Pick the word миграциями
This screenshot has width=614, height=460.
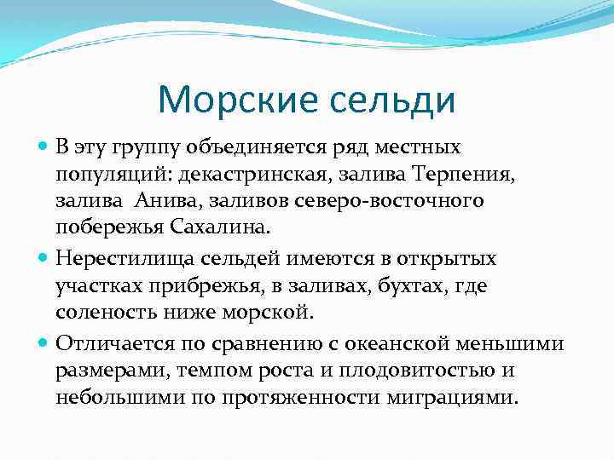tap(460, 397)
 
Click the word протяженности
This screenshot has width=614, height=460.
tap(304, 397)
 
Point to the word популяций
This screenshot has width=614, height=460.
tap(96, 174)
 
